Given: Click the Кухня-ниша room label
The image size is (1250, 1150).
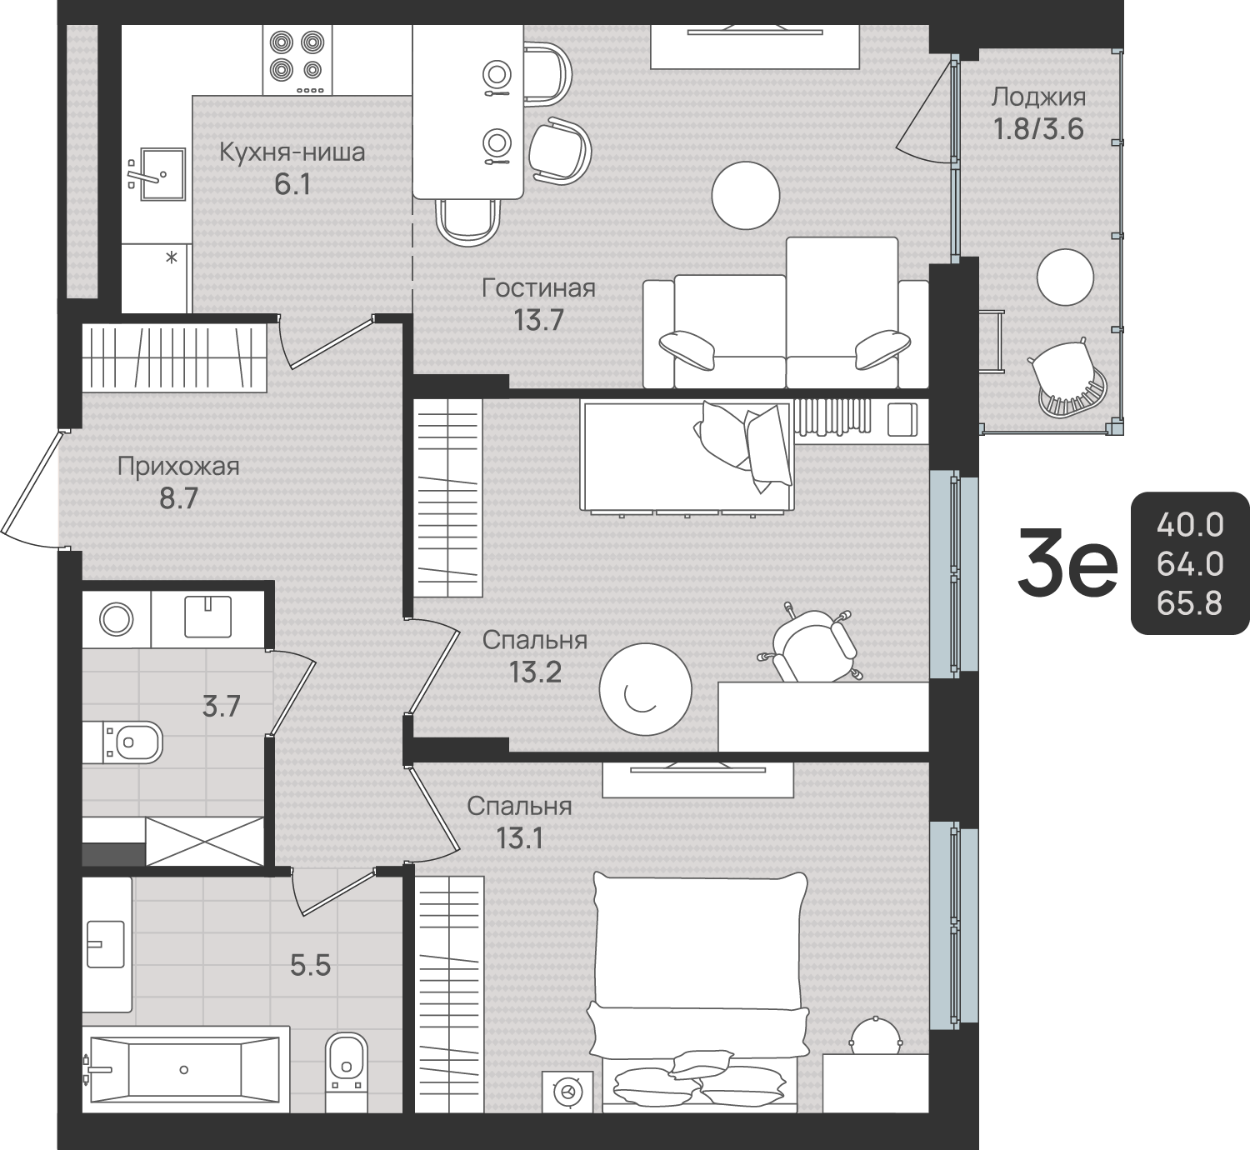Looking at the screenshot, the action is (292, 152).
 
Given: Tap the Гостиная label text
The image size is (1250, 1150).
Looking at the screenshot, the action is (539, 288).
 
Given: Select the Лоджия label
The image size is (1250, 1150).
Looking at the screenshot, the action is (1039, 97).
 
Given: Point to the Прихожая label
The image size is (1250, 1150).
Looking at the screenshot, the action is (179, 466).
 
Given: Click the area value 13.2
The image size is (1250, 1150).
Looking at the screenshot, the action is (535, 672).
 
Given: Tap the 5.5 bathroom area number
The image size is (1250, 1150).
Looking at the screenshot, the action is (310, 966).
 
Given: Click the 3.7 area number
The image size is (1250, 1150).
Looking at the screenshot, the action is (221, 708).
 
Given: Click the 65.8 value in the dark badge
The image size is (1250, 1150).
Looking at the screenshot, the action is (1189, 603).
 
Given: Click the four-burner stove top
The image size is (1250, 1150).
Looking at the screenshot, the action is (297, 60).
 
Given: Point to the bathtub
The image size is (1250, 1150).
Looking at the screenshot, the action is (185, 1070).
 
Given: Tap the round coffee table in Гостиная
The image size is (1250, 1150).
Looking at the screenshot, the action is (746, 195).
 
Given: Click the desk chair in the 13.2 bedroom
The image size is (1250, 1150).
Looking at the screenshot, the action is (813, 644).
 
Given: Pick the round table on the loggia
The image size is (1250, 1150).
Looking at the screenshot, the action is (1066, 277).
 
